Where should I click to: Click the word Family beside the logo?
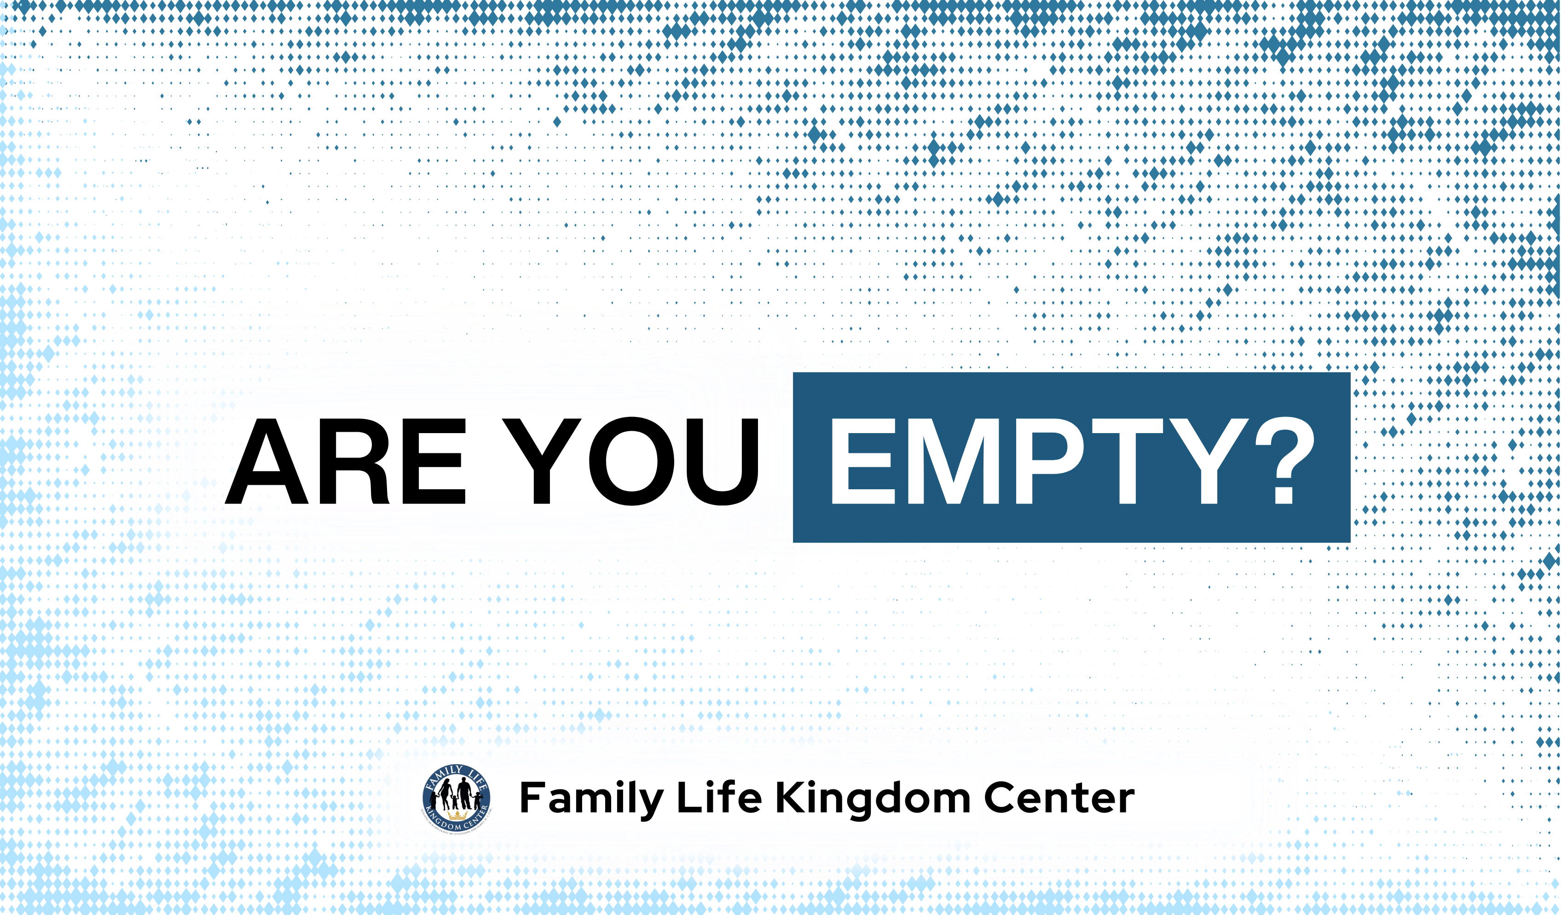click(x=591, y=799)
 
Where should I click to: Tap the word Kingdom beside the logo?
click(x=872, y=799)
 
